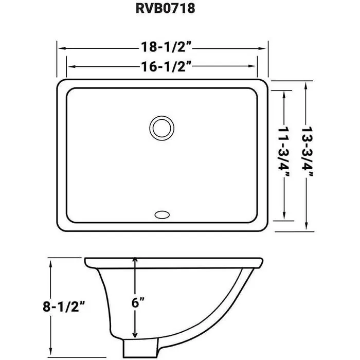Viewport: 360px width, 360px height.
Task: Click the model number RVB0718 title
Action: (166, 9)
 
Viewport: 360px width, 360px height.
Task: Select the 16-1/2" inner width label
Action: (166, 66)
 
